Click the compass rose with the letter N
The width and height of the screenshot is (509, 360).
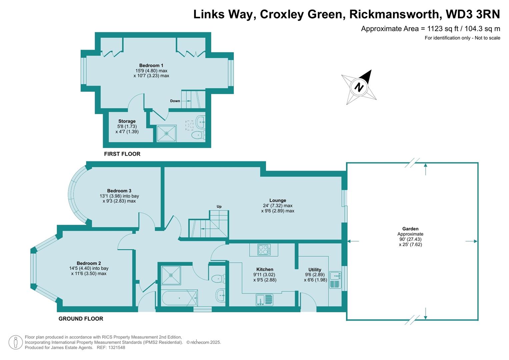359,87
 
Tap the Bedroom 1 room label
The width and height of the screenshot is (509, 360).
151,65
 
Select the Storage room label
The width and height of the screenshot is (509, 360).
127,121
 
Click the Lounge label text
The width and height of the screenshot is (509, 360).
278,200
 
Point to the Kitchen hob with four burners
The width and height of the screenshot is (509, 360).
264,250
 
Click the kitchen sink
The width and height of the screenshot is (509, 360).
264,300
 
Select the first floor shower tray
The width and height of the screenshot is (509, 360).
166,133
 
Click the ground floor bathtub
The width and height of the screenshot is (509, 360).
179,298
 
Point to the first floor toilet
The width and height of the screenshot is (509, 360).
198,135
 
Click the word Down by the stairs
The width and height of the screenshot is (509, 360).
175,101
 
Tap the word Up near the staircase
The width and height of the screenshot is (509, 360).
219,207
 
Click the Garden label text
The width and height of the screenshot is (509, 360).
410,229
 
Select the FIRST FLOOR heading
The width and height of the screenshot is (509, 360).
122,154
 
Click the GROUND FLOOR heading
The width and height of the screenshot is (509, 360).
81,319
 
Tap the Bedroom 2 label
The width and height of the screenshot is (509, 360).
89,263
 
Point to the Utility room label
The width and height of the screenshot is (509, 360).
315,270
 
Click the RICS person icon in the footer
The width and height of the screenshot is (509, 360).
15,342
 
